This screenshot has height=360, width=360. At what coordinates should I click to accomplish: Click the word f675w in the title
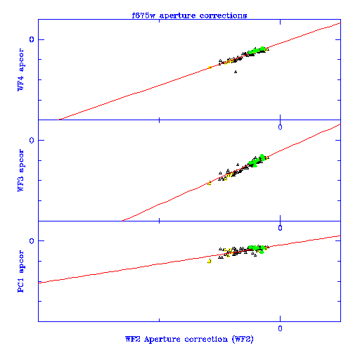(143, 15)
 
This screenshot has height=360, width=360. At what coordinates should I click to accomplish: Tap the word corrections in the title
(223, 15)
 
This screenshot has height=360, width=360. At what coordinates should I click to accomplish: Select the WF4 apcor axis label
(20, 70)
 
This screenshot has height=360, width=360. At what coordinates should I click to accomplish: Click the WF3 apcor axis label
(20, 170)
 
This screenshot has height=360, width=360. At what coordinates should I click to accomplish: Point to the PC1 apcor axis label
(20, 271)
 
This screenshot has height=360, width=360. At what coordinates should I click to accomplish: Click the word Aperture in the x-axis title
(162, 340)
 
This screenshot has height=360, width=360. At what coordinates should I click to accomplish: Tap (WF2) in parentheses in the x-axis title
(243, 340)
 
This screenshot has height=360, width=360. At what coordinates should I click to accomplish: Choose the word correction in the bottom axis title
(206, 340)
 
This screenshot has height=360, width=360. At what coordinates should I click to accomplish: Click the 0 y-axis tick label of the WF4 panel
(32, 39)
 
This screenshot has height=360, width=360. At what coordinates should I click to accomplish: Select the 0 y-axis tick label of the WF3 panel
(32, 140)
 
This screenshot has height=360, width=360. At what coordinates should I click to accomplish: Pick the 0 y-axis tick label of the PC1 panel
(32, 240)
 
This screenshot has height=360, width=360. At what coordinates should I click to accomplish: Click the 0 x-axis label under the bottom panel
(280, 328)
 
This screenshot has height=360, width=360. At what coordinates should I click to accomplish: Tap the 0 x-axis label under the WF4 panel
(280, 127)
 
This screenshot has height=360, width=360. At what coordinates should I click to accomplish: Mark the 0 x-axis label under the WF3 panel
(280, 228)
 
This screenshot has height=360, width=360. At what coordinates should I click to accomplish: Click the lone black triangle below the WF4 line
(236, 72)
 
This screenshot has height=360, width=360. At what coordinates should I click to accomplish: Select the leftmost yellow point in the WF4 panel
(210, 67)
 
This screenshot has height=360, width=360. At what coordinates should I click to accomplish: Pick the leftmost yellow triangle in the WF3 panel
(210, 184)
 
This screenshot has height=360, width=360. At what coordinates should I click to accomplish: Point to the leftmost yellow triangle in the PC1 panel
(210, 261)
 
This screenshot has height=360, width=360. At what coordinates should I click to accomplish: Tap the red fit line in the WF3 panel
(231, 172)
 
